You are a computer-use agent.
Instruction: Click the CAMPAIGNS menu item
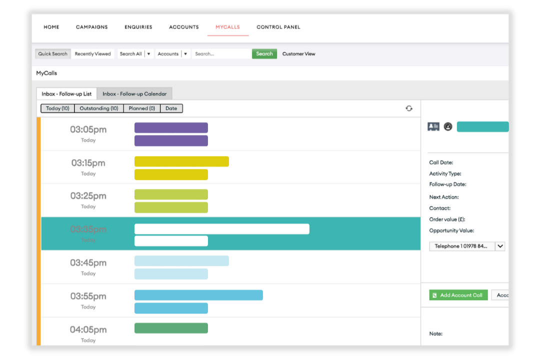[x=91, y=27]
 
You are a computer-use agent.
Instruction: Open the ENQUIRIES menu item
[x=138, y=27]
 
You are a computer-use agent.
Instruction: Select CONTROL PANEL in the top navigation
[x=278, y=27]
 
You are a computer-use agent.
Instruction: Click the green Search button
[x=264, y=54]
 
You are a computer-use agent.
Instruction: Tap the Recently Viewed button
[x=93, y=54]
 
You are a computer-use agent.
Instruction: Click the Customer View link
[x=299, y=54]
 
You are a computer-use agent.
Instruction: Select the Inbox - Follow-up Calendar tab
[x=134, y=94]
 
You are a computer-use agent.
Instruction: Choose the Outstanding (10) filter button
[x=99, y=108]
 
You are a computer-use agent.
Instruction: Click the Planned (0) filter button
[x=141, y=108]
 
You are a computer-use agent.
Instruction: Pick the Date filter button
[x=171, y=108]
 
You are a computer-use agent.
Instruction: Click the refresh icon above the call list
[x=409, y=108]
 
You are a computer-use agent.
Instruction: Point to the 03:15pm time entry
[x=88, y=163]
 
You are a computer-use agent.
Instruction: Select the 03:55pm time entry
[x=88, y=296]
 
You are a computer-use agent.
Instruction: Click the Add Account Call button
[x=458, y=295]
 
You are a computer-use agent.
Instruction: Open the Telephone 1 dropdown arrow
[x=500, y=246]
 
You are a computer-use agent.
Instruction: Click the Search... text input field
[x=221, y=54]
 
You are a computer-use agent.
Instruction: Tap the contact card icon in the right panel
[x=433, y=127]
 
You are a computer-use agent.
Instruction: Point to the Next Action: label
[x=444, y=197]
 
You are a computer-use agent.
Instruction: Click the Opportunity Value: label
[x=451, y=230]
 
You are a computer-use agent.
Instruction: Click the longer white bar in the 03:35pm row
[x=221, y=229]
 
